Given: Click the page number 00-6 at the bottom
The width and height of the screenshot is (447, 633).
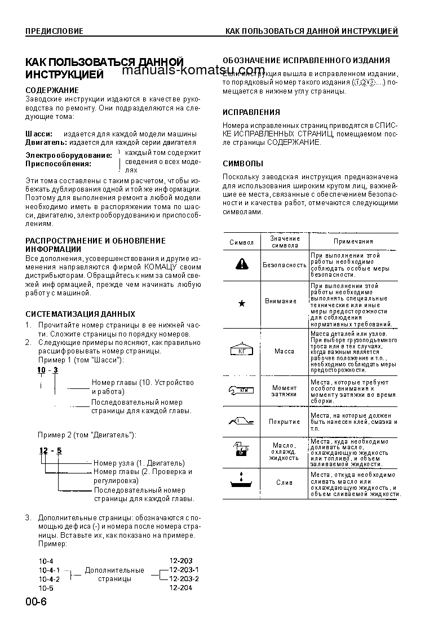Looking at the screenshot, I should pyautogui.click(x=36, y=601).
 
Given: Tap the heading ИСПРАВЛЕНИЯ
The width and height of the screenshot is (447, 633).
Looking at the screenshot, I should pyautogui.click(x=251, y=112).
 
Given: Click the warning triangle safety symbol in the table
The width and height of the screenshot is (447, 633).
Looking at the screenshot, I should pyautogui.click(x=242, y=264).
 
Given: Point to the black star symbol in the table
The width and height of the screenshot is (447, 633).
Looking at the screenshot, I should pyautogui.click(x=242, y=303).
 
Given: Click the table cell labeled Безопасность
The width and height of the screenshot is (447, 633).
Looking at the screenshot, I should pyautogui.click(x=285, y=264).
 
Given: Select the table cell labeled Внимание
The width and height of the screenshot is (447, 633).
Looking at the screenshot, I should pyautogui.click(x=281, y=301).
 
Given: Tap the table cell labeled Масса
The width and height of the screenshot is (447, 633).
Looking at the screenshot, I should pyautogui.click(x=284, y=351).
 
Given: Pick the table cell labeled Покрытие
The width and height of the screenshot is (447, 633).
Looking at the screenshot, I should pyautogui.click(x=284, y=422).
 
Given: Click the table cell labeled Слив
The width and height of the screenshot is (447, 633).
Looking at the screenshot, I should pyautogui.click(x=284, y=483).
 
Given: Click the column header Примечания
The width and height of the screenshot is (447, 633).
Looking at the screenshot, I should pyautogui.click(x=353, y=241).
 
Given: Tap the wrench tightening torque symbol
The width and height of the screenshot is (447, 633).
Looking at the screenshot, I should pyautogui.click(x=242, y=390).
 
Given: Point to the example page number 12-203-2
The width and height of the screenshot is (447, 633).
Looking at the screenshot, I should pyautogui.click(x=184, y=578).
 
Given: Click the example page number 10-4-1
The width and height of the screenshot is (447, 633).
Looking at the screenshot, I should pyautogui.click(x=50, y=570).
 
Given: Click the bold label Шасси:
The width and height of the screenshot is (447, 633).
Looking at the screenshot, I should pyautogui.click(x=39, y=134).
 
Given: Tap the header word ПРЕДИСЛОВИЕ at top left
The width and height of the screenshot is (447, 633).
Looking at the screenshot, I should pyautogui.click(x=54, y=31).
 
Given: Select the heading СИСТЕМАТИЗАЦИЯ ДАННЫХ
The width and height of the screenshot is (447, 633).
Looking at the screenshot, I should pyautogui.click(x=81, y=313).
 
